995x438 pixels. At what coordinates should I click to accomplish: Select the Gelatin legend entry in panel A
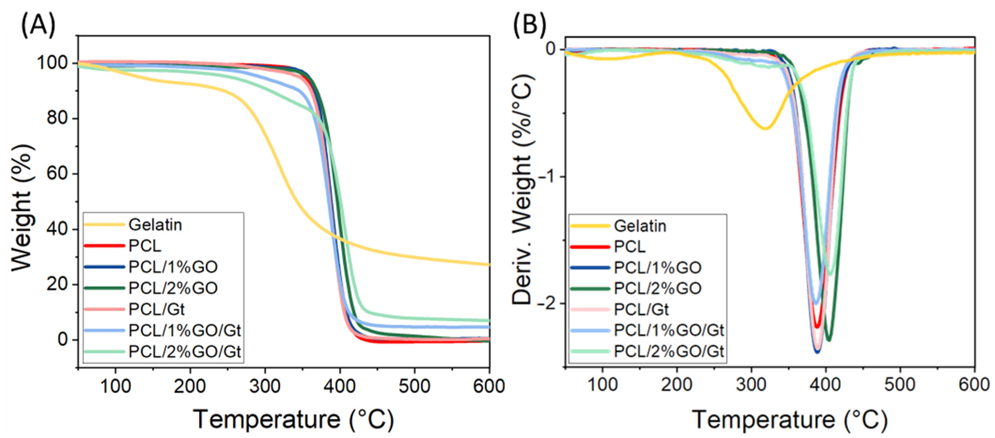tap(155, 225)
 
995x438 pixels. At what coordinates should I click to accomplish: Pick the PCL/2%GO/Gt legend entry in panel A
tap(185, 352)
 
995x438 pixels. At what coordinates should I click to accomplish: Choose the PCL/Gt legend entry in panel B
tap(641, 309)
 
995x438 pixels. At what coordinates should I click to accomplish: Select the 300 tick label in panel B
tap(751, 385)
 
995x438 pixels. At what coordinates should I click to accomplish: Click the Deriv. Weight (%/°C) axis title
tap(522, 189)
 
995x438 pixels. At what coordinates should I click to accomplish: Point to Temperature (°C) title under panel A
tap(294, 420)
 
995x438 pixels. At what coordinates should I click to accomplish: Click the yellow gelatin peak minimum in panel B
tap(765, 128)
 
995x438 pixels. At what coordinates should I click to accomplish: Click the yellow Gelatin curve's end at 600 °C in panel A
tap(489, 265)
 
